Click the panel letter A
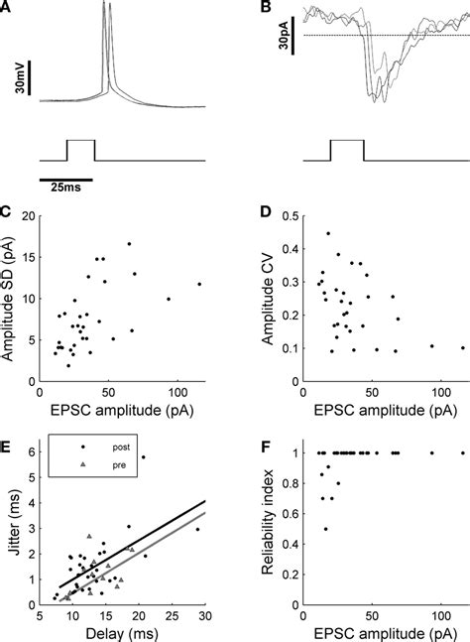coord(7,8)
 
